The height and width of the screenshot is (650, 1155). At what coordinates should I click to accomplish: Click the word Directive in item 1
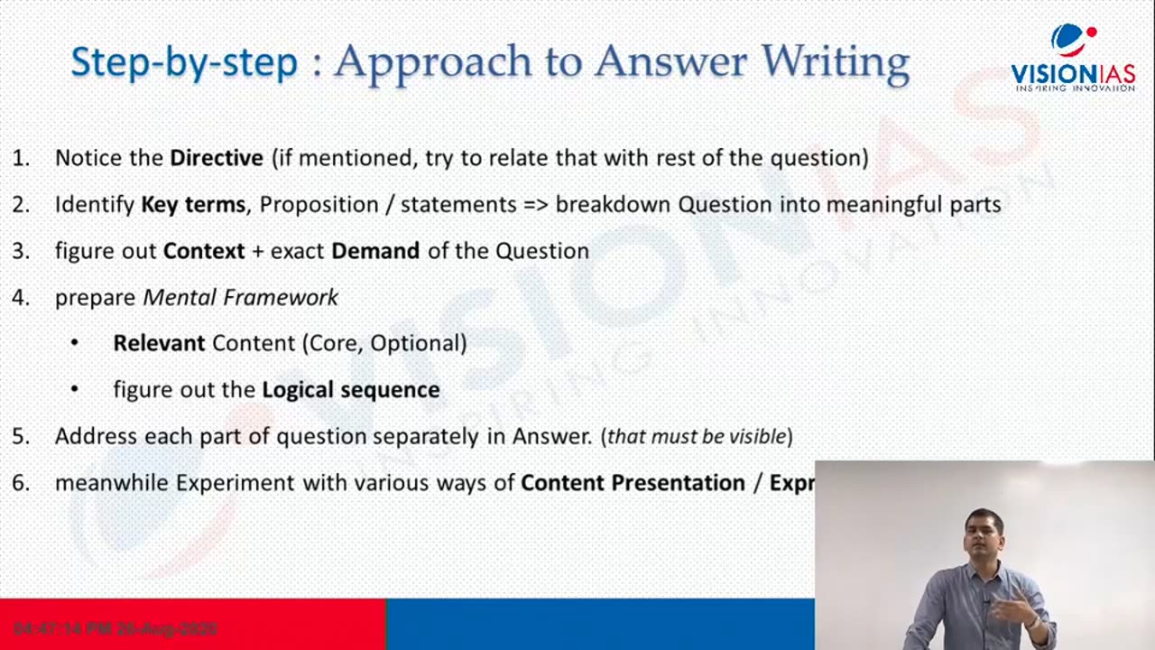[217, 158]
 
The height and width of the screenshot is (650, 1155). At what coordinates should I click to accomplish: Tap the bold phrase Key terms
[193, 205]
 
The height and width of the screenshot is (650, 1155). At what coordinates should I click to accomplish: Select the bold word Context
[204, 251]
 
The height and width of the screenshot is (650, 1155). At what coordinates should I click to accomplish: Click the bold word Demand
[375, 251]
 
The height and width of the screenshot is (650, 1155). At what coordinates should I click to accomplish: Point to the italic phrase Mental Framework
[241, 297]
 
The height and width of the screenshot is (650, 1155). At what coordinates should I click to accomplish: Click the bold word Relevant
[159, 343]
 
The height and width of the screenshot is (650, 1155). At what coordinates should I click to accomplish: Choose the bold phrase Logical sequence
[351, 390]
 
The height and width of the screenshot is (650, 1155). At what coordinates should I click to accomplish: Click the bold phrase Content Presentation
[633, 483]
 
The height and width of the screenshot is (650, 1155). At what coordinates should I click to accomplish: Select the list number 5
[20, 437]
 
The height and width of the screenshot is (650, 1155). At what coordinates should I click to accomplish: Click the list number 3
[20, 251]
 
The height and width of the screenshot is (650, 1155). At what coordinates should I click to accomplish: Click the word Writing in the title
[835, 61]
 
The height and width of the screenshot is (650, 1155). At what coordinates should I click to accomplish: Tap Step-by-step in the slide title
[184, 61]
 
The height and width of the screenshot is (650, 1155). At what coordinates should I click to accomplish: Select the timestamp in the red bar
[115, 628]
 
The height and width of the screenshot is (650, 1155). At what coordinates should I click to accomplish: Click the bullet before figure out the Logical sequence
[74, 390]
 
